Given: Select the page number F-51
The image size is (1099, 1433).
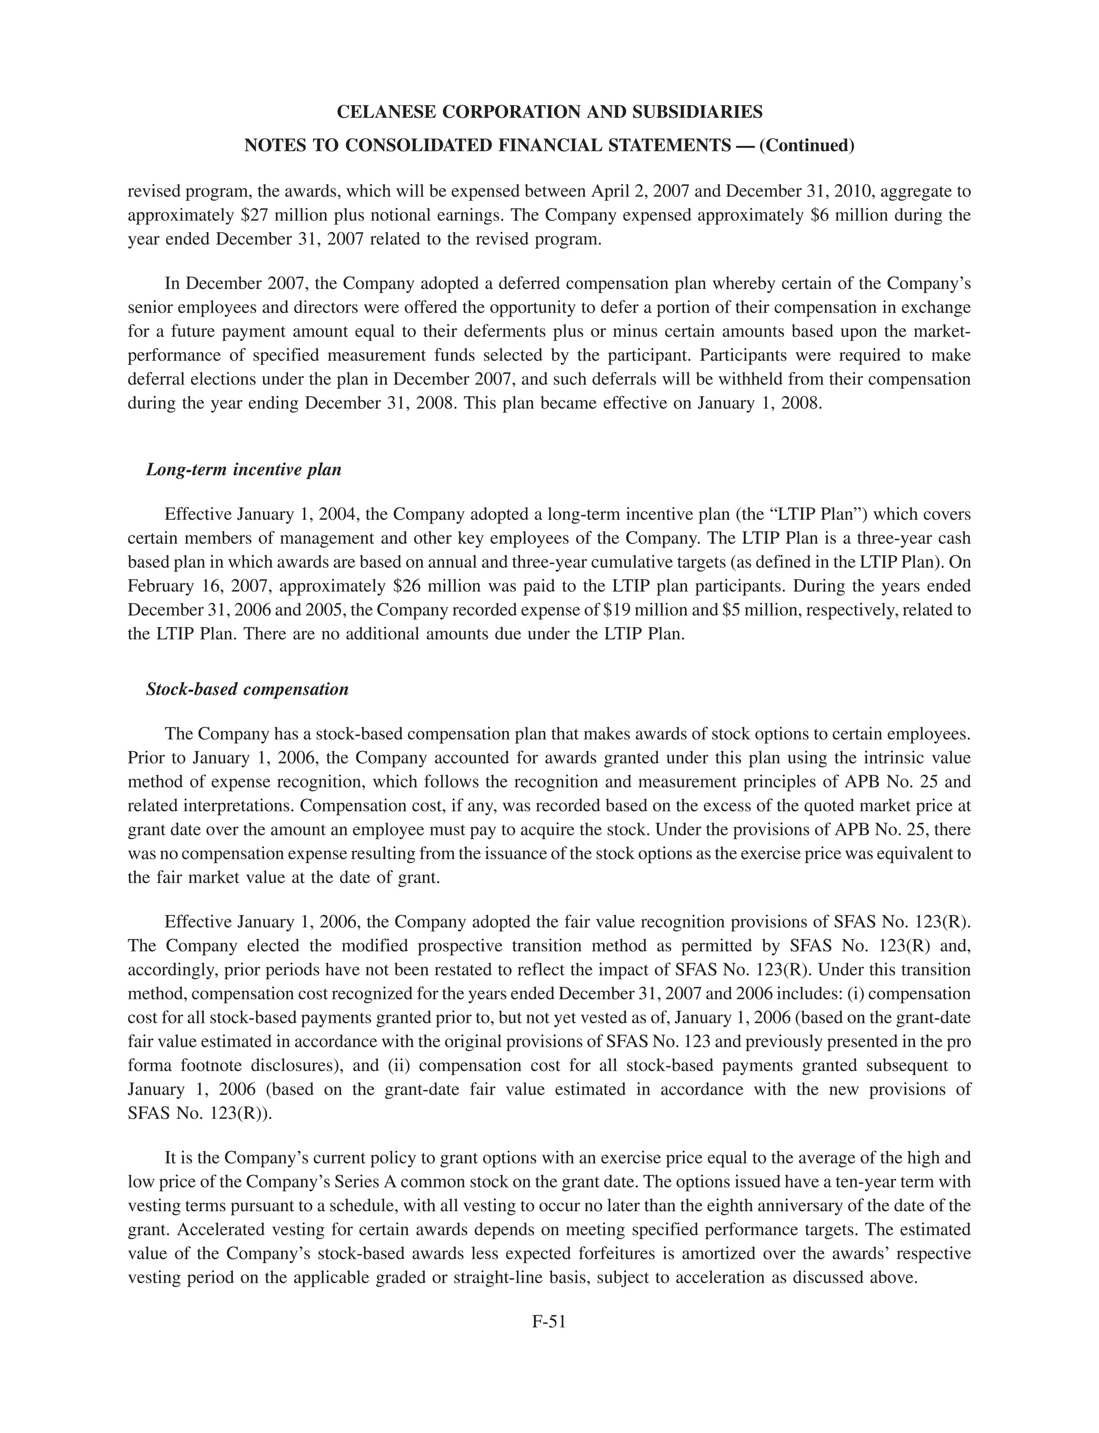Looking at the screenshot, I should tap(549, 1321).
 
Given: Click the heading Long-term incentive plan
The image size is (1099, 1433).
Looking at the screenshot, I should tap(243, 470).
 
